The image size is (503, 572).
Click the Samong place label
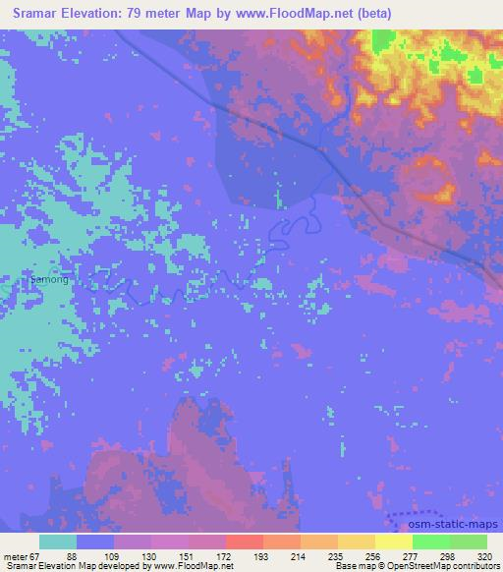click(x=49, y=280)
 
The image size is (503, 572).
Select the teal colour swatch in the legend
click(x=59, y=542)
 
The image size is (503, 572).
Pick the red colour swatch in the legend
click(x=245, y=542)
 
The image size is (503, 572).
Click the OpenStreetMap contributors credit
click(x=448, y=566)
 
